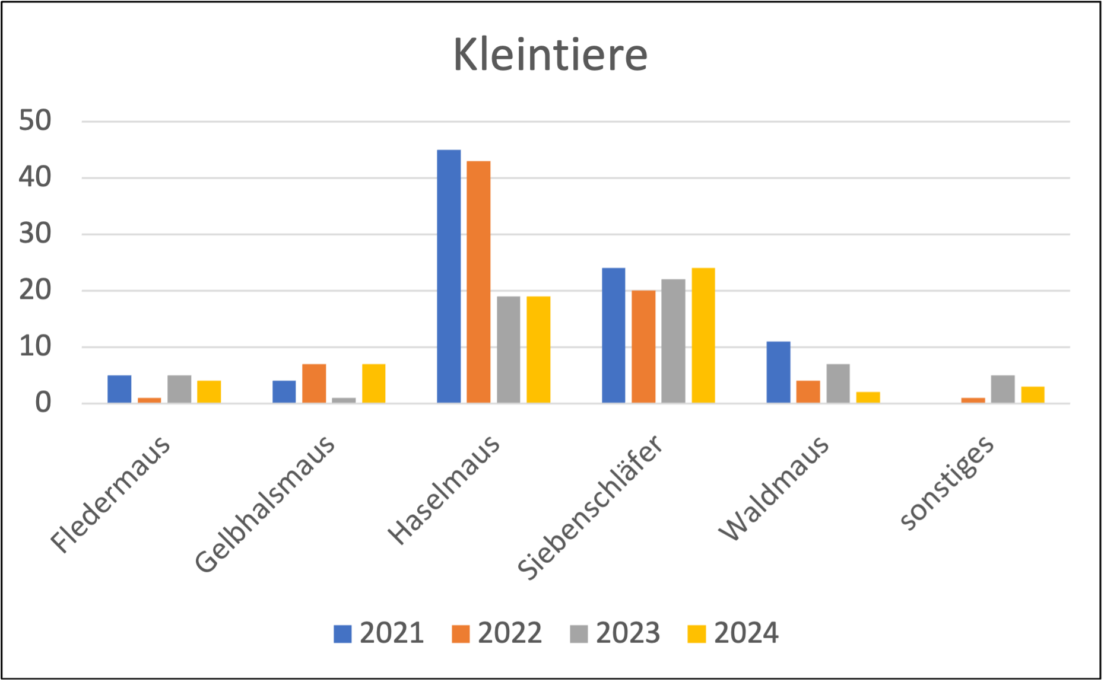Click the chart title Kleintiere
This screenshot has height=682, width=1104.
[x=550, y=55]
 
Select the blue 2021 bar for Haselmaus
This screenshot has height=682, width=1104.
[x=449, y=276]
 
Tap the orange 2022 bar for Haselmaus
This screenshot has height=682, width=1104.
[x=479, y=282]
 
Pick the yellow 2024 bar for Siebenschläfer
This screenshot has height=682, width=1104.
[x=703, y=335]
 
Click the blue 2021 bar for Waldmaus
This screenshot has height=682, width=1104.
[x=779, y=372]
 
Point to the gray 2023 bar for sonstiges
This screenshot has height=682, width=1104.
[x=1003, y=389]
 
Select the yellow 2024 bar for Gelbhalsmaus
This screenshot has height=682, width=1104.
[x=374, y=383]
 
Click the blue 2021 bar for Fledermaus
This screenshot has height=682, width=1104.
[x=120, y=389]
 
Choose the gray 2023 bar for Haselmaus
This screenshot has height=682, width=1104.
[x=509, y=349]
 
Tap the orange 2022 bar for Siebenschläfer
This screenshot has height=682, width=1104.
[x=644, y=346]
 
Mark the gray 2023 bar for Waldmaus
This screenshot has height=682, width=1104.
[x=838, y=383]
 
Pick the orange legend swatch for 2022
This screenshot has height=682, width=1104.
[x=461, y=633]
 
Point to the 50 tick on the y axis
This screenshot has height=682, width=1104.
[x=36, y=121]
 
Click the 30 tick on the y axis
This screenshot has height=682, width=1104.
[x=36, y=234]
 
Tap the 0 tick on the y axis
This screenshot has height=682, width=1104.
[x=43, y=403]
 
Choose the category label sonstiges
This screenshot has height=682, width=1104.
[x=947, y=482]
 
